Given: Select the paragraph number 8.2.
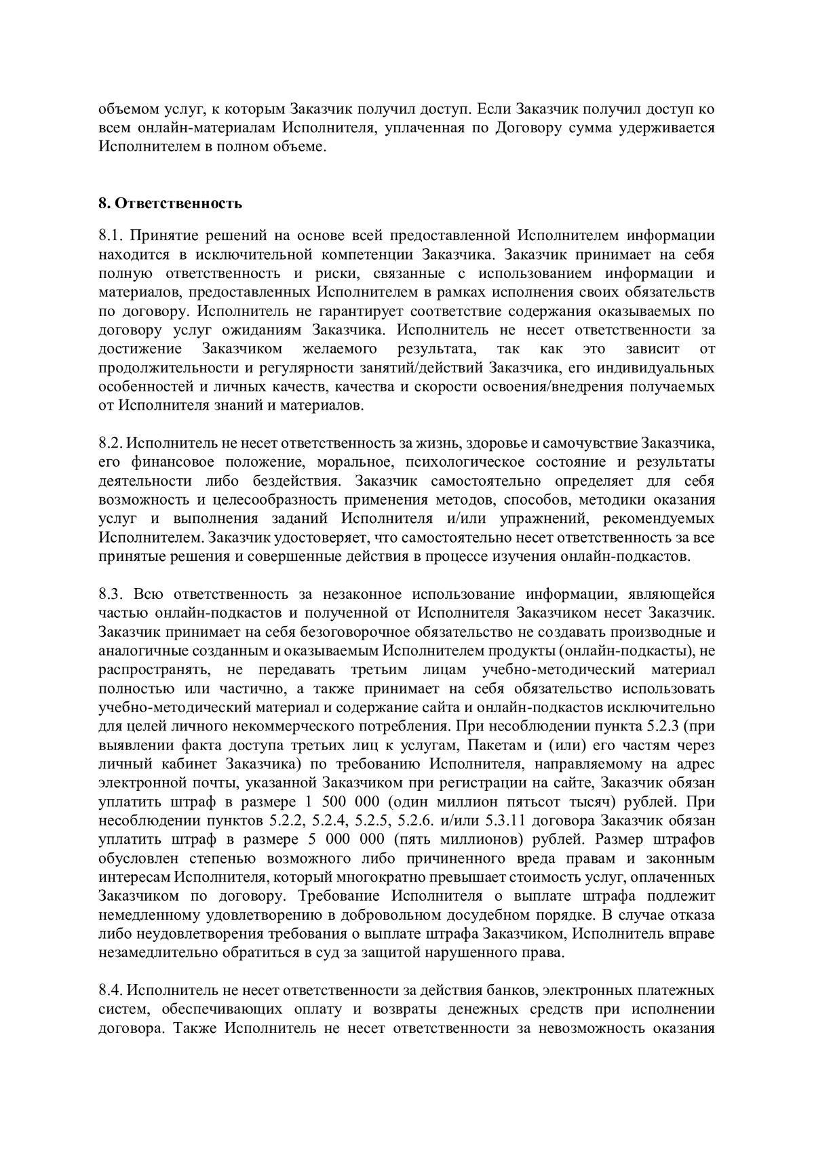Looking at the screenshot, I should (109, 444).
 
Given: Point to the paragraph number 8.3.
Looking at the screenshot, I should (110, 595).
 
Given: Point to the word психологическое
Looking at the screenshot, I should (463, 463).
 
